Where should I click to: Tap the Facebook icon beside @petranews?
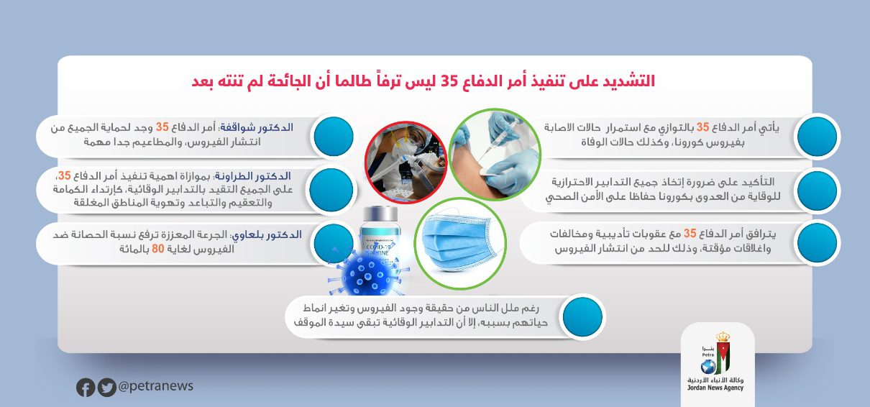click(x=86, y=387)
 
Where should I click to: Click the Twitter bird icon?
click(x=106, y=387)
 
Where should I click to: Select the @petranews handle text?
click(x=155, y=386)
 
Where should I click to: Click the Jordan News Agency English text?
click(x=715, y=388)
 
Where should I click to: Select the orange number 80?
click(x=158, y=249)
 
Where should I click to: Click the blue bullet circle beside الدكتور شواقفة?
click(x=333, y=137)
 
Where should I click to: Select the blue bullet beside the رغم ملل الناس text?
click(x=582, y=316)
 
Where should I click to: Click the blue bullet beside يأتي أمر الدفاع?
click(x=817, y=137)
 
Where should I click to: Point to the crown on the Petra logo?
click(x=723, y=337)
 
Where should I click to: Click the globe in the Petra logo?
click(x=708, y=366)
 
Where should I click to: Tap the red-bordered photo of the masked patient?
click(x=406, y=162)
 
